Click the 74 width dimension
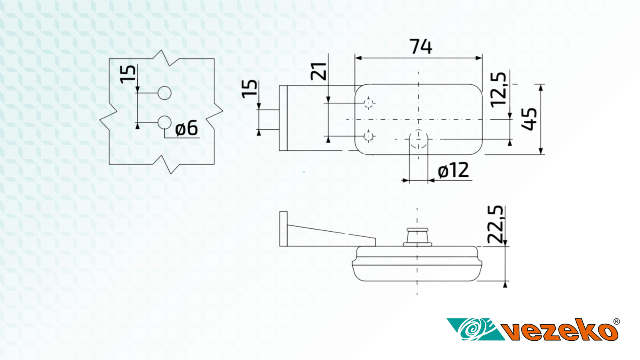tap(421, 47)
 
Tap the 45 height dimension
tap(530, 119)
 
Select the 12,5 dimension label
tap(498, 89)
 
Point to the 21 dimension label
tap(319, 71)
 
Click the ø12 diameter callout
tap(453, 171)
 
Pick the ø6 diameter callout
tap(186, 128)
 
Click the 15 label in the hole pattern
tap(128, 74)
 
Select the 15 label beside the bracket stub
tap(250, 88)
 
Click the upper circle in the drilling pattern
tap(164, 93)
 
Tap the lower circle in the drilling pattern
tap(164, 122)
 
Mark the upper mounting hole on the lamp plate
tap(369, 103)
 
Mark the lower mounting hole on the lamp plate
tap(369, 136)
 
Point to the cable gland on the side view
tap(417, 236)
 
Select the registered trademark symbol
tap(616, 322)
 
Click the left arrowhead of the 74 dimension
tap(358, 58)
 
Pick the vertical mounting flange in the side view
tap(283, 228)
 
